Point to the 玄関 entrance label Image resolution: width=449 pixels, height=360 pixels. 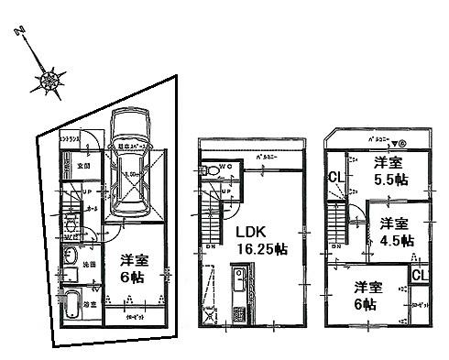coord(81,168)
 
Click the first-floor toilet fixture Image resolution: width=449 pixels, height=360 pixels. coord(71,225)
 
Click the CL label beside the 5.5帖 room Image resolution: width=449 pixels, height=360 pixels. coord(335,177)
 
